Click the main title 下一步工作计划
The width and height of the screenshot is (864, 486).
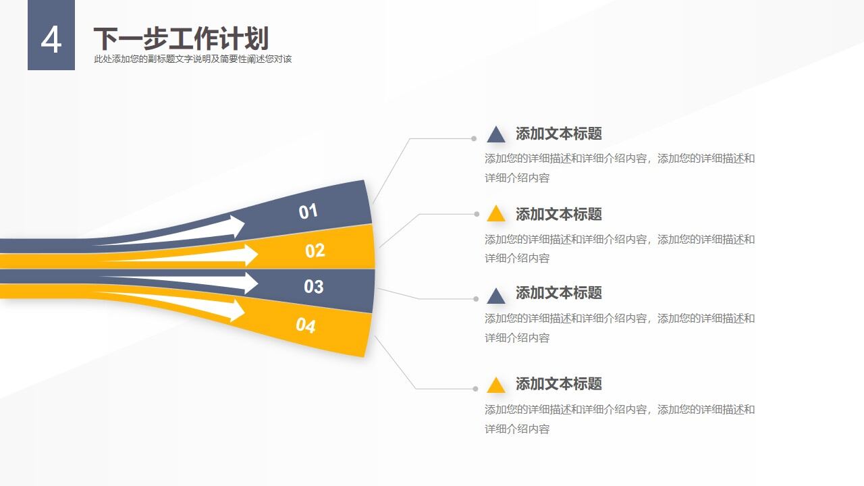pyautogui.click(x=180, y=38)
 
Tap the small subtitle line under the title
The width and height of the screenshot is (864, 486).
pyautogui.click(x=192, y=59)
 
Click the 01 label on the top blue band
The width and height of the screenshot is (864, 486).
pyautogui.click(x=308, y=211)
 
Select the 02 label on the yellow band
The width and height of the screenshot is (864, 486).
pyautogui.click(x=315, y=251)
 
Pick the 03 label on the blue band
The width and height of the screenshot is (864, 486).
pyautogui.click(x=313, y=286)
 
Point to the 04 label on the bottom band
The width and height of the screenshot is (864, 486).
pyautogui.click(x=305, y=326)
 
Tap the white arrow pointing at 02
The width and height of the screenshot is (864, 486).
pyautogui.click(x=247, y=255)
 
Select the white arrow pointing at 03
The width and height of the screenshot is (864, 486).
pyautogui.click(x=247, y=283)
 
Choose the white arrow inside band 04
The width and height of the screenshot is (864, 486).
pyautogui.click(x=233, y=310)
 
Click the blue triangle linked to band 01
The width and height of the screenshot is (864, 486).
pyautogui.click(x=496, y=134)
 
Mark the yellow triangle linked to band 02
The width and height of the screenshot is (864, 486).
pyautogui.click(x=496, y=214)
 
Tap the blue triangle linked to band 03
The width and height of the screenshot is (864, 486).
pyautogui.click(x=496, y=296)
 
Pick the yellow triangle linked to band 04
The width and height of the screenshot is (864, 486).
pyautogui.click(x=496, y=385)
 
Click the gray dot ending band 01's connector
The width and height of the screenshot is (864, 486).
pyautogui.click(x=474, y=138)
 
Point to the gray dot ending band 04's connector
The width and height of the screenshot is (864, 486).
pyautogui.click(x=475, y=389)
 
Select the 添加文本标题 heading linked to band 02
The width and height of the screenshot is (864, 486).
pyautogui.click(x=558, y=214)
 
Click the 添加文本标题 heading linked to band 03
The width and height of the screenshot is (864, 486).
pyautogui.click(x=558, y=293)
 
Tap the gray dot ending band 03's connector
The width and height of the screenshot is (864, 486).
pyautogui.click(x=476, y=298)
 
